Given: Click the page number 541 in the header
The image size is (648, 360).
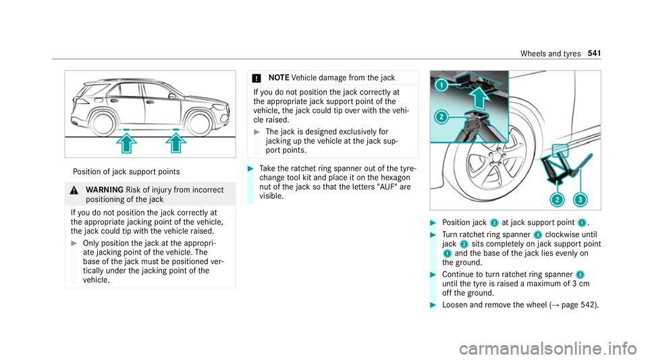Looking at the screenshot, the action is click(594, 53).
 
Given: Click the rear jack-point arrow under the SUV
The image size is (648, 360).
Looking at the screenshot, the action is click(127, 143).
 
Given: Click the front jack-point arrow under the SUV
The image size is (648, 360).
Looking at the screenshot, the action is click(176, 143).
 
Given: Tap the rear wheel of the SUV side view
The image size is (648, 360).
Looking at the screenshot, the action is click(103, 124).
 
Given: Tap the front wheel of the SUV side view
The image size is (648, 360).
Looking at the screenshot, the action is click(199, 124).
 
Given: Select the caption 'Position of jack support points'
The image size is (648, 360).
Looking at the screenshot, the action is click(126, 172).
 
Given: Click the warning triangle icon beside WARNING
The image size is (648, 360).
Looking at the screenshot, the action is click(74, 190).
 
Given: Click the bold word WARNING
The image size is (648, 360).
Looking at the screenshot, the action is click(105, 190).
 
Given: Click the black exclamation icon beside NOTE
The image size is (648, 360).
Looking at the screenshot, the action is click(256, 78).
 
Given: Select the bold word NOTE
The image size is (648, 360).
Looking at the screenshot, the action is click(279, 78).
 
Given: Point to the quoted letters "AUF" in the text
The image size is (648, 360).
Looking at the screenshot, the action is click(387, 187).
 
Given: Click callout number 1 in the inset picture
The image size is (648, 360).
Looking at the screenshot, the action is click(441, 86).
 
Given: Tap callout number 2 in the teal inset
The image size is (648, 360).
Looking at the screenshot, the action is click(441, 117).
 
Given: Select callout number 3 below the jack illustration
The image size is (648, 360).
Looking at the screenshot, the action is click(580, 200).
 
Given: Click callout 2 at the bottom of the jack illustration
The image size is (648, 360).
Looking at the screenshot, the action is click(557, 200).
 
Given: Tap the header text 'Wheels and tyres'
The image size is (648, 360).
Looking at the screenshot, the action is click(551, 54).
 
